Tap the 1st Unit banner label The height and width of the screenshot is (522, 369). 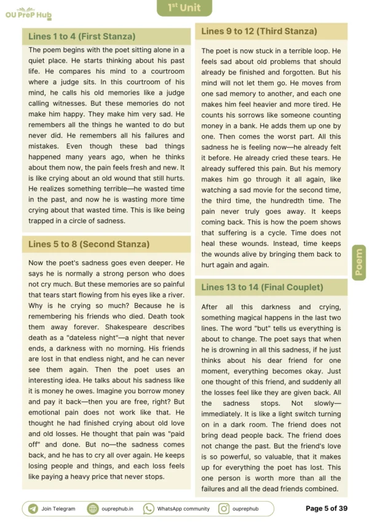(184, 8)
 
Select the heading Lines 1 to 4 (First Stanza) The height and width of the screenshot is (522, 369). (82, 36)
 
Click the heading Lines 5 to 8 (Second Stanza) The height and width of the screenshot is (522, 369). (89, 244)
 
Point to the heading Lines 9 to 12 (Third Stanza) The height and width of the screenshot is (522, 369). (259, 31)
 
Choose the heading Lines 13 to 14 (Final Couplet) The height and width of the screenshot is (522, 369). (261, 287)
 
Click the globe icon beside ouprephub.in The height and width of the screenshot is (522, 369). (93, 508)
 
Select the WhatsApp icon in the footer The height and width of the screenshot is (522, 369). (149, 508)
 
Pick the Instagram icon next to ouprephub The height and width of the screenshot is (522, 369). (224, 508)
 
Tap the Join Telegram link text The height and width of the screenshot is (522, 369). (58, 508)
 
